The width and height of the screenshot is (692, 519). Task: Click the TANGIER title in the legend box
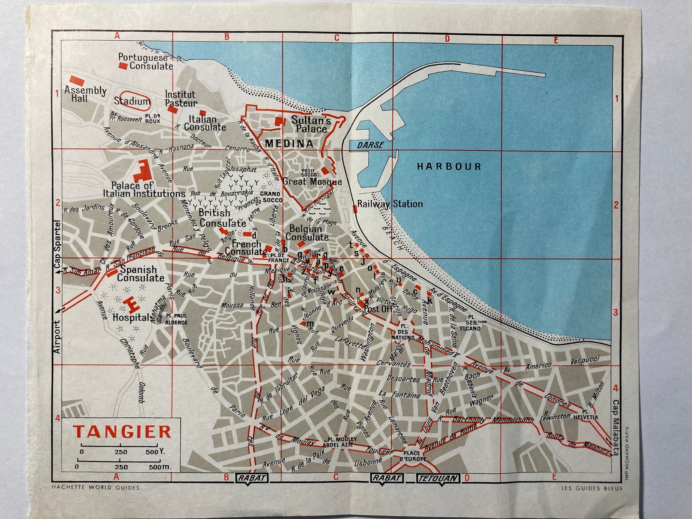[x=122, y=432]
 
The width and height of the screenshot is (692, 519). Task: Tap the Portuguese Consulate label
[x=146, y=62]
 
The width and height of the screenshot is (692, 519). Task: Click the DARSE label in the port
[x=370, y=145]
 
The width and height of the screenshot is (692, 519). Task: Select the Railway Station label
[x=390, y=204]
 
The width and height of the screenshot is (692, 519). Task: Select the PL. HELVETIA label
[x=586, y=415]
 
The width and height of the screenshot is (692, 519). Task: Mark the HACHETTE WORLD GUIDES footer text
[x=95, y=487]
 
